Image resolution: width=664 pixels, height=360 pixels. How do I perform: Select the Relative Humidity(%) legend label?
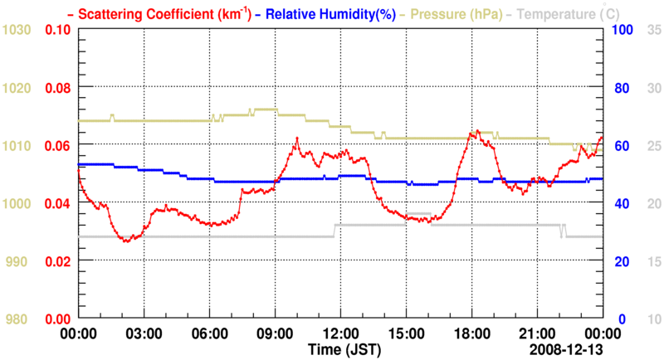coord(327,14)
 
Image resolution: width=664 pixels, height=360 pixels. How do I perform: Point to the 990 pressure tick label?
coord(20,261)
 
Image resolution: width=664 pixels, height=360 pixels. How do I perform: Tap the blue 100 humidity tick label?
coord(622,30)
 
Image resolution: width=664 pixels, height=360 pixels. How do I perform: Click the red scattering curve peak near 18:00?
coord(477,131)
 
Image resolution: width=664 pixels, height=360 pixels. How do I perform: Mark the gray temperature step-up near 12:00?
coord(334,231)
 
